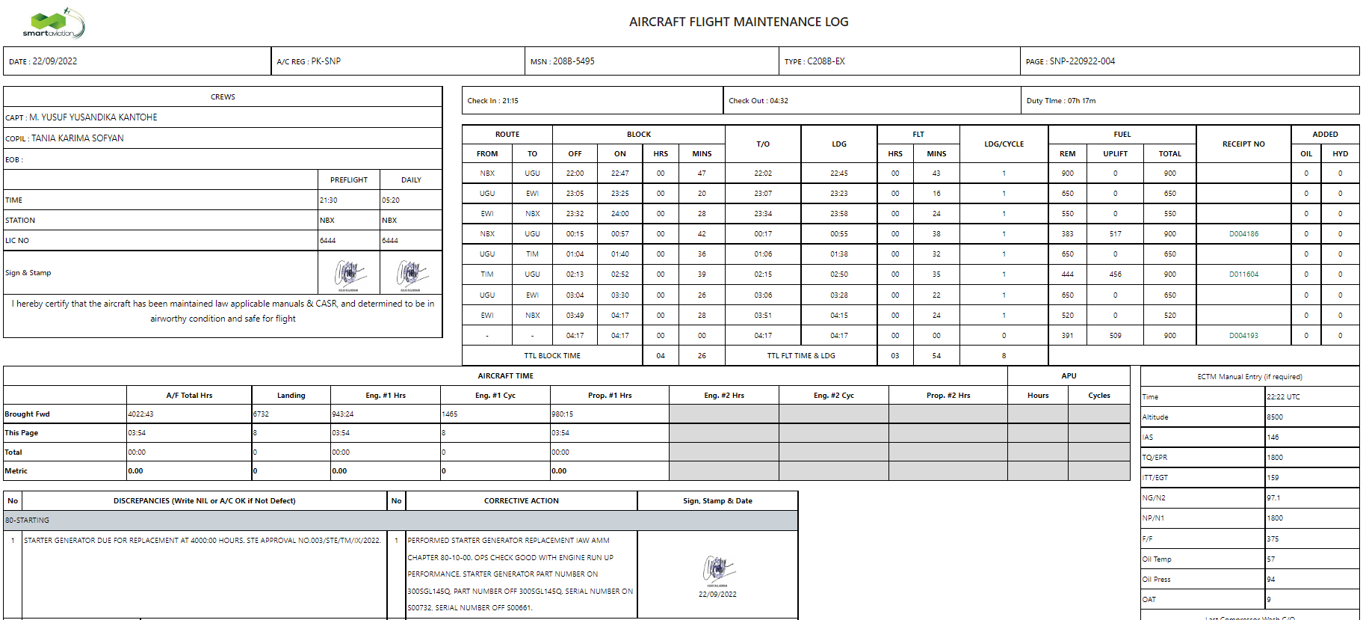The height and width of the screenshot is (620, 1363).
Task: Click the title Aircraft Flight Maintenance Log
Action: [x=738, y=22]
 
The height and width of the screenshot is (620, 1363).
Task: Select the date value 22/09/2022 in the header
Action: [x=55, y=61]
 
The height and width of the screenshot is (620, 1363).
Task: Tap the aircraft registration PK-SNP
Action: [x=326, y=61]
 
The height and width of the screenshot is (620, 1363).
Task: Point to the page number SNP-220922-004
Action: [x=1082, y=61]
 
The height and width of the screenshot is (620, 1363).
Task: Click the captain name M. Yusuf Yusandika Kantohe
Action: [x=93, y=117]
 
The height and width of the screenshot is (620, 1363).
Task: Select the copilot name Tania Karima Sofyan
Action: [x=78, y=138]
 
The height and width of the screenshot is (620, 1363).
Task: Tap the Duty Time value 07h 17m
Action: [x=1081, y=101]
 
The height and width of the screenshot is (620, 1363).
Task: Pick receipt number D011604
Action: [x=1243, y=274]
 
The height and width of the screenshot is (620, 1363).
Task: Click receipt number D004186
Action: [x=1243, y=234]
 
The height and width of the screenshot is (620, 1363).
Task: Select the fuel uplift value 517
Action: [x=1115, y=234]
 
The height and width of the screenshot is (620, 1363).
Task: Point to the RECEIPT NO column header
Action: [x=1243, y=144]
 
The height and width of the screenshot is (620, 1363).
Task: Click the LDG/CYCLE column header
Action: [x=1004, y=144]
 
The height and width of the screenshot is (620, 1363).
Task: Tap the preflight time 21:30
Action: [x=328, y=200]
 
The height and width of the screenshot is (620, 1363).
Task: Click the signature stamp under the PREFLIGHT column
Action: [x=348, y=274]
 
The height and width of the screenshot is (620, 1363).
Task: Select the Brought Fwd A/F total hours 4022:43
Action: [x=140, y=414]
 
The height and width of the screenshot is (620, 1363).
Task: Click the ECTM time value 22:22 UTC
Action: [x=1283, y=397]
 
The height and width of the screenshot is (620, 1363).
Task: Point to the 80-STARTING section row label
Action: [x=28, y=521]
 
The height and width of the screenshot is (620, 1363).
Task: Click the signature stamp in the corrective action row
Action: [x=717, y=571]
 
